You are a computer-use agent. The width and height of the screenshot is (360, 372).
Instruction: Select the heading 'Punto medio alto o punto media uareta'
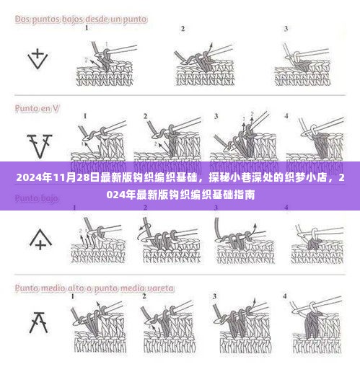[90, 287]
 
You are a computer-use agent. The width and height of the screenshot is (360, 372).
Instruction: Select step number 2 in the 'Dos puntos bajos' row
[183, 30]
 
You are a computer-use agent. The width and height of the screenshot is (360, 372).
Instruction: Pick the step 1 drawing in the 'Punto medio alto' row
[97, 328]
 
